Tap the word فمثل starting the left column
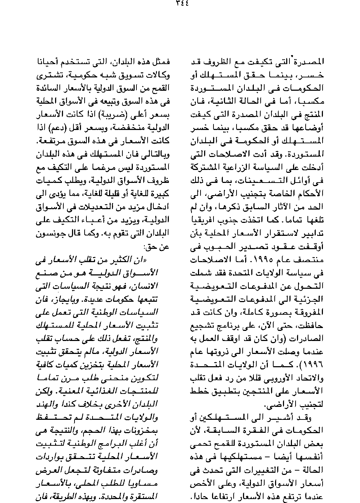coord(160,61)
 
